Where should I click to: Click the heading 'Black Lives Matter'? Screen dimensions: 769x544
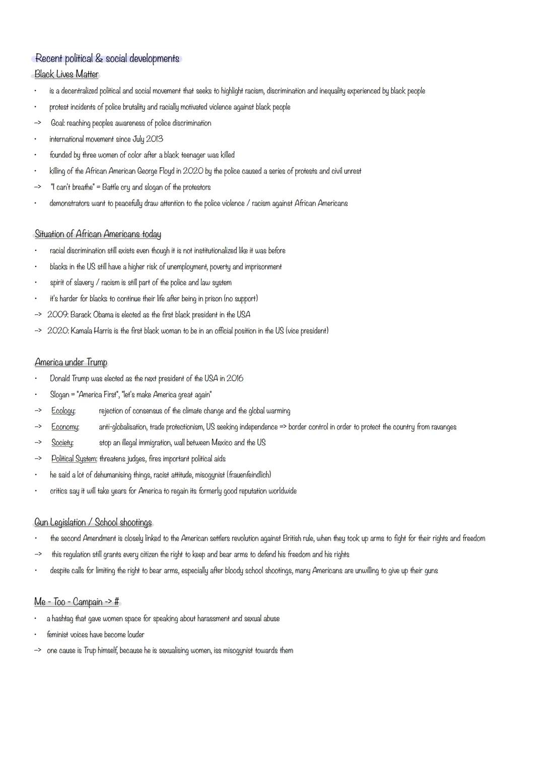pyautogui.click(x=66, y=75)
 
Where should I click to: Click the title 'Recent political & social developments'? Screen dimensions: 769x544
pyautogui.click(x=107, y=59)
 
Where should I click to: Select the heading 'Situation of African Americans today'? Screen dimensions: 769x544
pyautogui.click(x=98, y=234)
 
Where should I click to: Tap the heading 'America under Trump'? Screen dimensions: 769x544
pyautogui.click(x=71, y=363)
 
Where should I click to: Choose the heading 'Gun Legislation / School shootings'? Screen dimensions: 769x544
pyautogui.click(x=93, y=523)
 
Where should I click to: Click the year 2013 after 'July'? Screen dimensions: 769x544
pyautogui.click(x=154, y=139)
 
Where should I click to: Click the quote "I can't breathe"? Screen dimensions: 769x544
pyautogui.click(x=73, y=187)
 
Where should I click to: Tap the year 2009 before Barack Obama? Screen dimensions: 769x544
pyautogui.click(x=57, y=315)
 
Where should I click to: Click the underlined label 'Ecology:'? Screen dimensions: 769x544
pyautogui.click(x=63, y=411)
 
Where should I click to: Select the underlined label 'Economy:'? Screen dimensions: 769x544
pyautogui.click(x=65, y=427)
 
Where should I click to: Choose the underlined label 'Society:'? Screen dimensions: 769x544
pyautogui.click(x=62, y=443)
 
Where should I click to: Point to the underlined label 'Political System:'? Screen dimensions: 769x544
pyautogui.click(x=74, y=459)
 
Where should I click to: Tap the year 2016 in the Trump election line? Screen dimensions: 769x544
pyautogui.click(x=235, y=379)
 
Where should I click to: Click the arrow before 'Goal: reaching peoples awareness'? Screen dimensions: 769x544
pyautogui.click(x=37, y=123)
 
